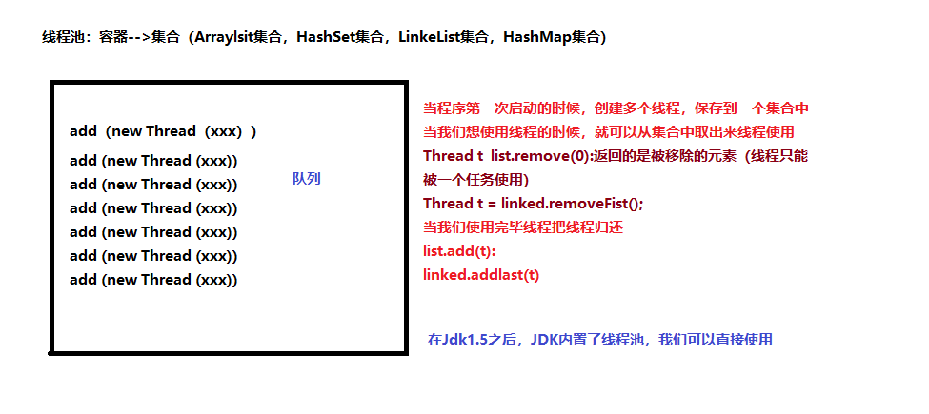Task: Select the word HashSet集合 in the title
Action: pos(338,38)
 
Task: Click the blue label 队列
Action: pos(307,179)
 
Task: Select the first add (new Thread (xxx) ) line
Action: pos(163,131)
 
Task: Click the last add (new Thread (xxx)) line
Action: pos(153,280)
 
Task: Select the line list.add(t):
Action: pos(460,251)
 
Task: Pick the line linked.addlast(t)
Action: pos(481,275)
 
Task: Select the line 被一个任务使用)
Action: pos(475,180)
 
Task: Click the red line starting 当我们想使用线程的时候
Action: pos(609,132)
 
